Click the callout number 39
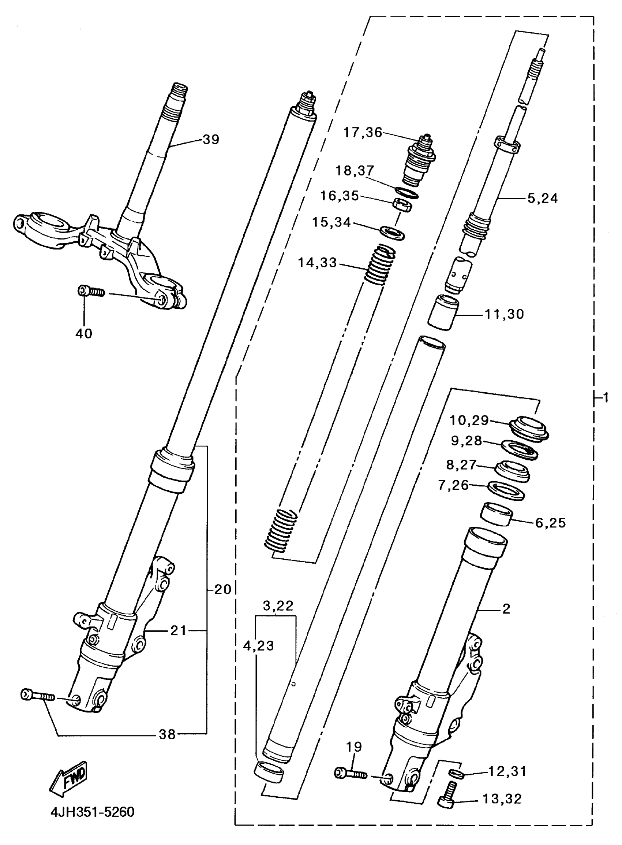(x=210, y=140)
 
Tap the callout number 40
(x=83, y=333)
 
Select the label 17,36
(x=363, y=133)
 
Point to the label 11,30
(x=504, y=314)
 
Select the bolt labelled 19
(x=350, y=774)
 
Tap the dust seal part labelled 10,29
(x=529, y=428)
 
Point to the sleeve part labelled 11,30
(x=443, y=312)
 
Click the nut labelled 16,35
(x=402, y=205)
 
